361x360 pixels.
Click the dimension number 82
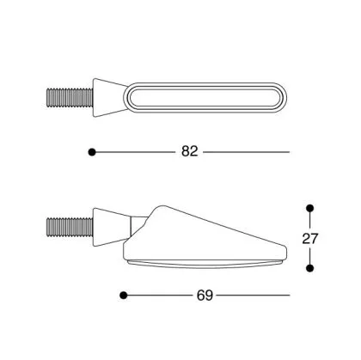(x=190, y=151)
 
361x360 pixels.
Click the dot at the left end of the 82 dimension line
(x=92, y=151)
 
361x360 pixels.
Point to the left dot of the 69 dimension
(x=124, y=295)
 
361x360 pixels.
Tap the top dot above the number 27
(x=309, y=209)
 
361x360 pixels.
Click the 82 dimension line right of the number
(x=245, y=151)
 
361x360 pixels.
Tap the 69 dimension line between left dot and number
(x=159, y=295)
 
